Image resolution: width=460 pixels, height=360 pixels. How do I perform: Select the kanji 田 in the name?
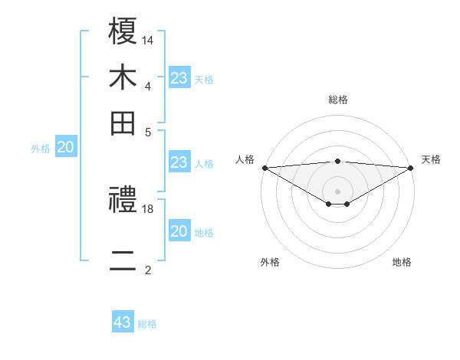coord(123,123)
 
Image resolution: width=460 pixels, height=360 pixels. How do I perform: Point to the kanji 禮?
coord(123,202)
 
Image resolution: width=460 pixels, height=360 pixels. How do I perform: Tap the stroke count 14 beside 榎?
coord(149,39)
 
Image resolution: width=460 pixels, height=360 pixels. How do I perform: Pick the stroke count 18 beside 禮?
coord(149,208)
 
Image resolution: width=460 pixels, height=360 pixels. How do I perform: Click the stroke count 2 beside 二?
coord(148,270)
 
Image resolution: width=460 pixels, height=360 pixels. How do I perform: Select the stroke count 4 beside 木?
coord(148,86)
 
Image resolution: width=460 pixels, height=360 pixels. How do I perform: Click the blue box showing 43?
coord(123,323)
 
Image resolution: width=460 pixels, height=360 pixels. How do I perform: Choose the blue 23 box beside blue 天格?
coord(179,78)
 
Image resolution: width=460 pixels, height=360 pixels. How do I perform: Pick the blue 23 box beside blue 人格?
coord(179,162)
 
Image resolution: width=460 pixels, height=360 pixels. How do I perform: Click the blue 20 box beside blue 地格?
coord(179,231)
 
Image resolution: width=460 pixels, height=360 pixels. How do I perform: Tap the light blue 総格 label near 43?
coord(147,324)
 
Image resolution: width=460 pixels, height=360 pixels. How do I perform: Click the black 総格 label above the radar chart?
coord(338,100)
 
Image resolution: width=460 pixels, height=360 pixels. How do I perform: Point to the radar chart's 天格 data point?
coord(411,168)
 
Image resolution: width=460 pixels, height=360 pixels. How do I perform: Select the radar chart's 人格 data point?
coord(264,168)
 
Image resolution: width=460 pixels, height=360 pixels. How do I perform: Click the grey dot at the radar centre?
coord(337,191)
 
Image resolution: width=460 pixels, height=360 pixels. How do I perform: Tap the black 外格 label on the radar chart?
coord(270,263)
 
